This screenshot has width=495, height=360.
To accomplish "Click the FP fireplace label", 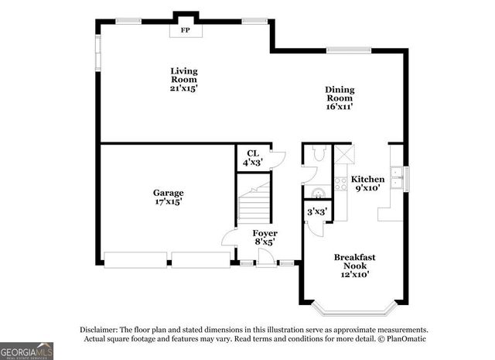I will point(185,30).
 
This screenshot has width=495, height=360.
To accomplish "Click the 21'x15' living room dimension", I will point(184,87).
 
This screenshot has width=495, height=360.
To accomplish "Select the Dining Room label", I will point(339,94).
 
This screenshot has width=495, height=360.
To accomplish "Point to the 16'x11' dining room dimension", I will point(339,107).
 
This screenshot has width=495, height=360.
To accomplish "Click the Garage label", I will point(167,192).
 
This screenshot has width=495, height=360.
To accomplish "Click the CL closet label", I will point(253,153).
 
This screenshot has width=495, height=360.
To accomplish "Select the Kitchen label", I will point(367,179).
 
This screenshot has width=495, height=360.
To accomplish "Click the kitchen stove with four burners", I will point(340,184).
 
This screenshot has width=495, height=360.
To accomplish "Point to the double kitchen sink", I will point(398,178).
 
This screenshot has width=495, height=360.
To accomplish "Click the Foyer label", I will point(265,233).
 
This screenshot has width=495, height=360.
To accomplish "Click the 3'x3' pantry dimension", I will point(317,211).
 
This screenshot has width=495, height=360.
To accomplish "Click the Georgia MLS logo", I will point(27,351).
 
